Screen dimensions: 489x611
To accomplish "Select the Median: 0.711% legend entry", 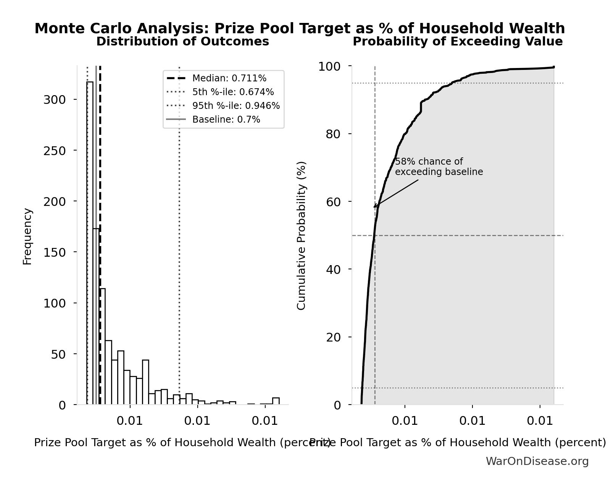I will [229, 78].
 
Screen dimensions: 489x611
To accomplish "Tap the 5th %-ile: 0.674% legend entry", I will [233, 92].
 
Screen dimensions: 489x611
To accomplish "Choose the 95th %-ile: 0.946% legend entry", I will [236, 106].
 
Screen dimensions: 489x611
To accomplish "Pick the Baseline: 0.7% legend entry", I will [226, 120].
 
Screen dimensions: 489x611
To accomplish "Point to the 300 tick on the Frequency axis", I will [55, 100].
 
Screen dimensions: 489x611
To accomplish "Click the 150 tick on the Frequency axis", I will [55, 252].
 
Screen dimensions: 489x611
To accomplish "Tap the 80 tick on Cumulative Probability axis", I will [333, 134].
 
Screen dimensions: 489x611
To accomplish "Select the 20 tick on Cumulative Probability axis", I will [333, 337].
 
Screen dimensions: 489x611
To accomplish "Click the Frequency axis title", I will [27, 236].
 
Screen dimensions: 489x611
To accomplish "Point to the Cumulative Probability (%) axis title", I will [301, 235].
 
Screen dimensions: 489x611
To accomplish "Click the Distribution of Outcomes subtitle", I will [182, 42].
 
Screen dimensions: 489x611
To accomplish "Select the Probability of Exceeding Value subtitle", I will [458, 42].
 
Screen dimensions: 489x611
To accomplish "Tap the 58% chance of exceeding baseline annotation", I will [439, 167].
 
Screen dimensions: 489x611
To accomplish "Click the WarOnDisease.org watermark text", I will [537, 461].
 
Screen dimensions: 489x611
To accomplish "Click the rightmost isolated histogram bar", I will [276, 401].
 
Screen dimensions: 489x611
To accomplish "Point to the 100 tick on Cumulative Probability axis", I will [329, 66].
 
